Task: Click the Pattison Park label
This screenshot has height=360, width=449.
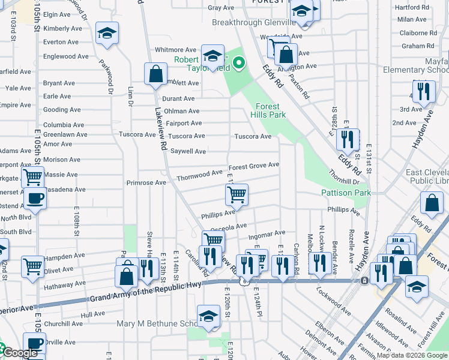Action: [x=346, y=193]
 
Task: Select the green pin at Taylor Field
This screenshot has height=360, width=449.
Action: [x=239, y=62]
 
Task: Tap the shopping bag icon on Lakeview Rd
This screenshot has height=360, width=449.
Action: [x=155, y=74]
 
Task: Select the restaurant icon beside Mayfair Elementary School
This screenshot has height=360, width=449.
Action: [x=424, y=91]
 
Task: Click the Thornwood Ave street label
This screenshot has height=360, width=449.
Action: [x=199, y=173]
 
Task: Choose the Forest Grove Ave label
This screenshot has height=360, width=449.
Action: [x=254, y=165]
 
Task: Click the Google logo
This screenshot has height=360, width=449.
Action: [x=19, y=353]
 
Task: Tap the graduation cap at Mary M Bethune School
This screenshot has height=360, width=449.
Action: [x=208, y=315]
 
